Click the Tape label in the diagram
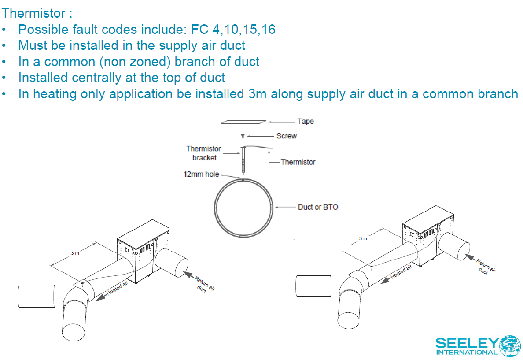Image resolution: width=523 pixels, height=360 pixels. tap(306, 121)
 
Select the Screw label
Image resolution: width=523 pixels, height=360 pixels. tap(287, 136)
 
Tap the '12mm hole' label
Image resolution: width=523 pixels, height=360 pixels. tap(201, 174)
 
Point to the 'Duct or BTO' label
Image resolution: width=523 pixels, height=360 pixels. tap(318, 207)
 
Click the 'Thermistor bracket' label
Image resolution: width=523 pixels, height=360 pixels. tap(203, 153)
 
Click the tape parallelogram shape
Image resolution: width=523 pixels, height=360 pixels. tap(243, 122)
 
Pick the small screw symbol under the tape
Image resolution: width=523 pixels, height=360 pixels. tap(243, 136)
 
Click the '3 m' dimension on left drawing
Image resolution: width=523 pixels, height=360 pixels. tap(75, 253)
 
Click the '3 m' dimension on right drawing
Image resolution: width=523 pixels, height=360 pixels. tap(363, 238)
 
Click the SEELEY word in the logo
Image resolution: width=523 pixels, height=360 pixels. tap(467, 343)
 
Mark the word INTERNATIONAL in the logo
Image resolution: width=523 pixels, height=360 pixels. tap(467, 352)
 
